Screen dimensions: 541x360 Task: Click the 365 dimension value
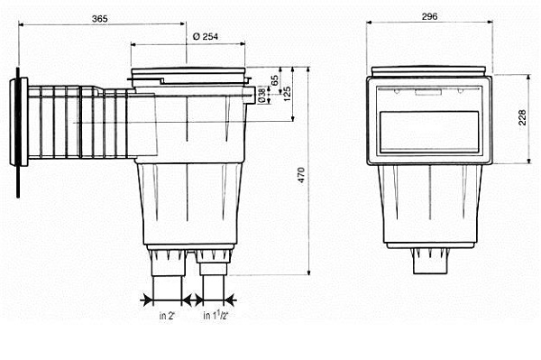(x=100, y=19)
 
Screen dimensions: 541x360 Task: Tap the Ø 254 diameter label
(x=206, y=37)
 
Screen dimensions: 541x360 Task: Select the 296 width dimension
(x=429, y=16)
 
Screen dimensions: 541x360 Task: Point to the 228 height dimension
(x=522, y=117)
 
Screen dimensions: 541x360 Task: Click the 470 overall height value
(x=301, y=175)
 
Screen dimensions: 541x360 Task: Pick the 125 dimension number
(x=287, y=94)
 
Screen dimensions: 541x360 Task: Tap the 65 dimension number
(x=275, y=80)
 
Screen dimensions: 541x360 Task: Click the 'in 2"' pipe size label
(x=168, y=316)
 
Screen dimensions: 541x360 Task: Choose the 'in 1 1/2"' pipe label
(x=215, y=315)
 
